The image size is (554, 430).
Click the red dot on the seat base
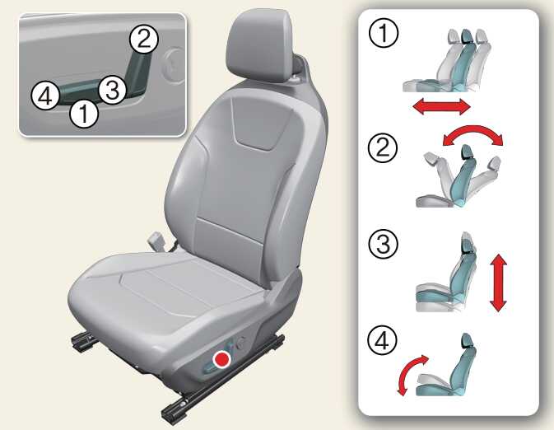pyautogui.click(x=222, y=359)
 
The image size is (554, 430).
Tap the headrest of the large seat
pyautogui.click(x=260, y=48)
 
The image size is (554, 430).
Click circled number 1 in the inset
pyautogui.click(x=83, y=113)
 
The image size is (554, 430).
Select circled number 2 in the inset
pyautogui.click(x=144, y=40)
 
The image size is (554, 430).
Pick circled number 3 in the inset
pyautogui.click(x=112, y=90)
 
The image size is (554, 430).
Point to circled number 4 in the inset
pyautogui.click(x=45, y=96)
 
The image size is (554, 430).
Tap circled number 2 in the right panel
pyautogui.click(x=383, y=147)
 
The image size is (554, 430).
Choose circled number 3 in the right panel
pyautogui.click(x=383, y=244)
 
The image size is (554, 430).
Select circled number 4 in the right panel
pyautogui.click(x=382, y=340)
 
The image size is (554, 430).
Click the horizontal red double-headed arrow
pyautogui.click(x=442, y=106)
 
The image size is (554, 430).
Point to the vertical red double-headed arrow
pyautogui.click(x=499, y=283)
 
